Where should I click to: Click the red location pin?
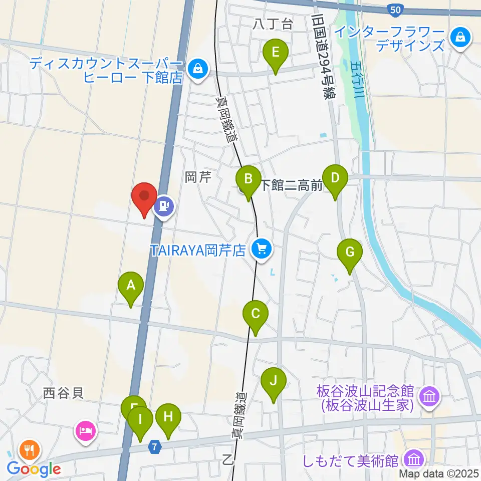point(144,198)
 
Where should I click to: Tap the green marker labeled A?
point(131,287)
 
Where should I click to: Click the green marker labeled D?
point(335,179)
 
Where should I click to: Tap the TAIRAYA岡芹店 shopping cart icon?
point(261,248)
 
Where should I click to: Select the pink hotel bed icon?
point(85,430)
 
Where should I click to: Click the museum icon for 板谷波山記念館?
point(429,397)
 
